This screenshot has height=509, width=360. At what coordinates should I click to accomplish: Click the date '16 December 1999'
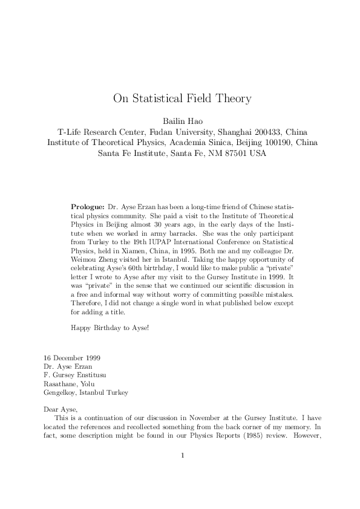[74, 358]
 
